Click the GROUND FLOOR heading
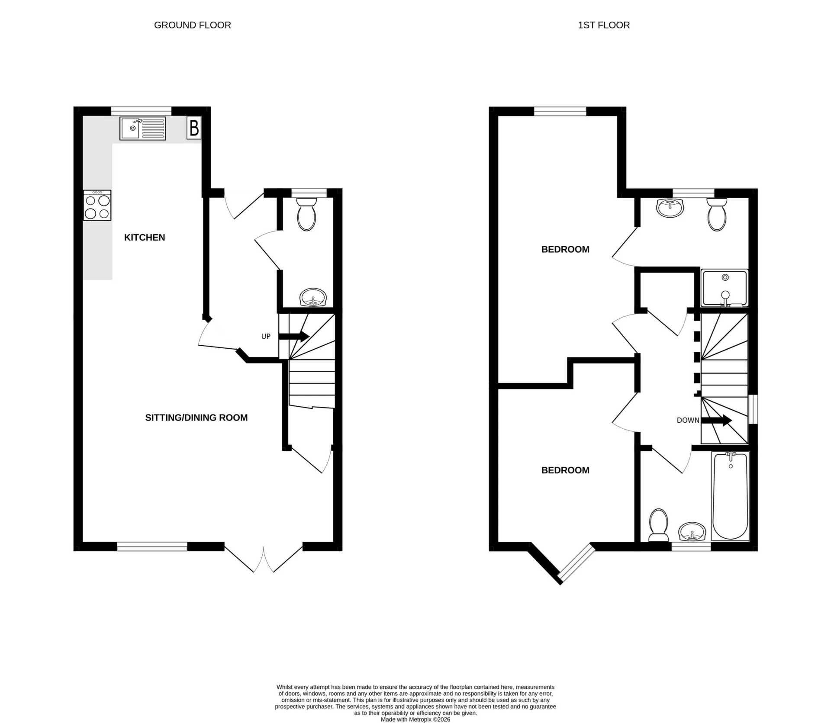192,25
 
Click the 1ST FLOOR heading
603,25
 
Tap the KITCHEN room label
145,238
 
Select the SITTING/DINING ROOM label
196,418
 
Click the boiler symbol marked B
194,128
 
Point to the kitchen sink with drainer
143,129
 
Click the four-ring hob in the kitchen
97,206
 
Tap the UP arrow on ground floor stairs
294,337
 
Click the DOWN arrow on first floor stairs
716,420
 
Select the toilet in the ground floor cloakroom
307,215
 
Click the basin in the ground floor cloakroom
313,297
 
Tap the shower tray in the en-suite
725,288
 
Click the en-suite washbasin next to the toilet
670,208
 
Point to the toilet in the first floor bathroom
658,524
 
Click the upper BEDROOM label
565,249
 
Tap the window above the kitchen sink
141,111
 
